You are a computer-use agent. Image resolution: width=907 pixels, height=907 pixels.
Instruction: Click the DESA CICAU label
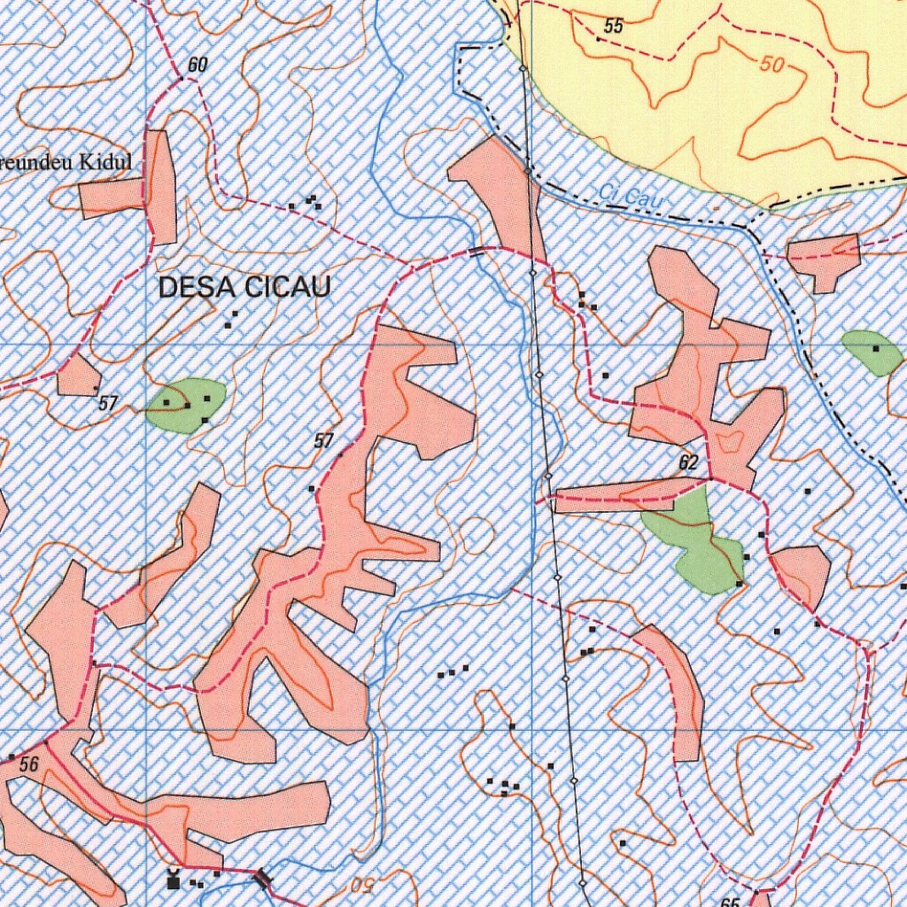[244, 287]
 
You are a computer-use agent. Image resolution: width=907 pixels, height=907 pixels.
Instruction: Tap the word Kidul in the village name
[105, 162]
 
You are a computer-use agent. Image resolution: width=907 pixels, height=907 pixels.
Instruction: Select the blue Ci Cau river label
[631, 198]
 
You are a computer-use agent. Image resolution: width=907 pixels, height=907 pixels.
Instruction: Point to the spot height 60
[197, 66]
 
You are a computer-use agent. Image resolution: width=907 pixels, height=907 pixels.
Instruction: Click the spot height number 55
[614, 27]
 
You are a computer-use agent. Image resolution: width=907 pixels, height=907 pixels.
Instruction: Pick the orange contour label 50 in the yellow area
[772, 65]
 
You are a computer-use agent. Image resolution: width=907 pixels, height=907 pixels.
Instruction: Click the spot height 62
[688, 463]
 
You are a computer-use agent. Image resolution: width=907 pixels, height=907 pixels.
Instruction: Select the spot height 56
[29, 764]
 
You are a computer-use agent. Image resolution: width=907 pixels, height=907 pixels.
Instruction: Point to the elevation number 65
[730, 902]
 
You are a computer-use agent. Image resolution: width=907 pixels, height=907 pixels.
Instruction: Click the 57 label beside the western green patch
[108, 404]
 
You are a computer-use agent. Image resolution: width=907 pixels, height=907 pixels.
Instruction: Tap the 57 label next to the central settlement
[324, 440]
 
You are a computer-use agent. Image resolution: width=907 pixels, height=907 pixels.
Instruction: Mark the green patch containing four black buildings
[187, 405]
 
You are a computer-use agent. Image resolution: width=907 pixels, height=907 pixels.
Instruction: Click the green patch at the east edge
[872, 351]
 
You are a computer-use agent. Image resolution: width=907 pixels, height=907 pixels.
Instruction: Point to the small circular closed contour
[477, 534]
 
